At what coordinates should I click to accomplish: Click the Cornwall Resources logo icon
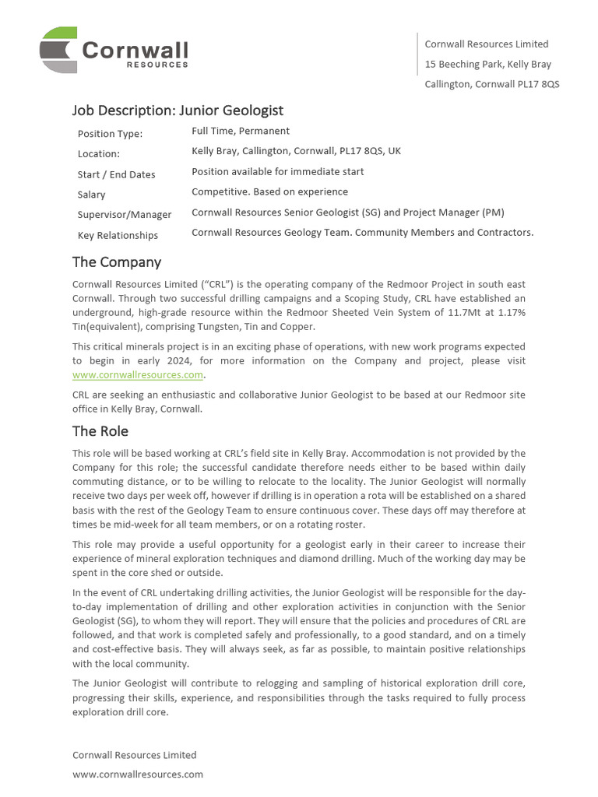[x=58, y=49]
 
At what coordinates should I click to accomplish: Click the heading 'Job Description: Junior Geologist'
[x=178, y=111]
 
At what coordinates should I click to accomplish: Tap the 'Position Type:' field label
[x=110, y=134]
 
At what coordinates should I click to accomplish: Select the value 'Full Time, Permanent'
[x=241, y=131]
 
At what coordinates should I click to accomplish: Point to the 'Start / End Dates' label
[x=116, y=174]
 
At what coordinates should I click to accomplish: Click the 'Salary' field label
[x=91, y=195]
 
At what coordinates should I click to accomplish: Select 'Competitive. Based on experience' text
[x=269, y=191]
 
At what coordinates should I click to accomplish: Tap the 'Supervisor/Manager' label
[x=124, y=215]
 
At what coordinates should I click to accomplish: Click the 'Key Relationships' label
[x=118, y=235]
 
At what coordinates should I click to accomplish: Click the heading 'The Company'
[x=117, y=262]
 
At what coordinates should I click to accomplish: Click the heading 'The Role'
[x=100, y=431]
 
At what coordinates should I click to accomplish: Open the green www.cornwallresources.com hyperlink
[x=138, y=374]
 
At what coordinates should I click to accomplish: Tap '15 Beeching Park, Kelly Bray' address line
[x=487, y=64]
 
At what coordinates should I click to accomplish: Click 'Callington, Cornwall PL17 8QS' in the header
[x=491, y=84]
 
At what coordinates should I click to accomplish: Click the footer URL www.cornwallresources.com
[x=138, y=774]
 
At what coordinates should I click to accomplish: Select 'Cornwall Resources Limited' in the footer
[x=134, y=755]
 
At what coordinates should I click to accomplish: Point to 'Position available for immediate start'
[x=277, y=171]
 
